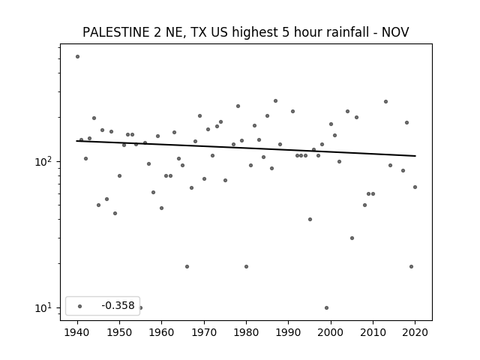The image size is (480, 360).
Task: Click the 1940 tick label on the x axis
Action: pos(77,332)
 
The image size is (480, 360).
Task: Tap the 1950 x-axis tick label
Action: pos(119,332)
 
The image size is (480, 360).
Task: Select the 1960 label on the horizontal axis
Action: pos(162,332)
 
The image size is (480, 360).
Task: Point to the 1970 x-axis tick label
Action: pos(204,332)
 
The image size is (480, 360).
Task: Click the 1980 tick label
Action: pos(246,332)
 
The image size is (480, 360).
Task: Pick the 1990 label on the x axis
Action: pos(288,332)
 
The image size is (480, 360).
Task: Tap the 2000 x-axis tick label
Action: pos(331,332)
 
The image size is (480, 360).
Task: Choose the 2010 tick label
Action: pos(373,332)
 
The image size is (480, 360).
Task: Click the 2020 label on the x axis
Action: pos(415,332)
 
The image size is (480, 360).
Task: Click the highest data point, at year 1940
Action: pos(77,57)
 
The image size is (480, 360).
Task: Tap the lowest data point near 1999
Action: pos(327,308)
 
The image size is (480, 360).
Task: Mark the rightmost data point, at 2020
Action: pos(415,187)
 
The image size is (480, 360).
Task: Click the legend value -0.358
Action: pos(118,305)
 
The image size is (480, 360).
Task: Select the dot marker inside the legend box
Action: pos(80,306)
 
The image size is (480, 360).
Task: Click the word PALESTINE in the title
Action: pos(116,32)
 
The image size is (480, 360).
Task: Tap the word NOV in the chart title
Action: pos(395,32)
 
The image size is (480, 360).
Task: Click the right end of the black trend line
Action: pos(415,156)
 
